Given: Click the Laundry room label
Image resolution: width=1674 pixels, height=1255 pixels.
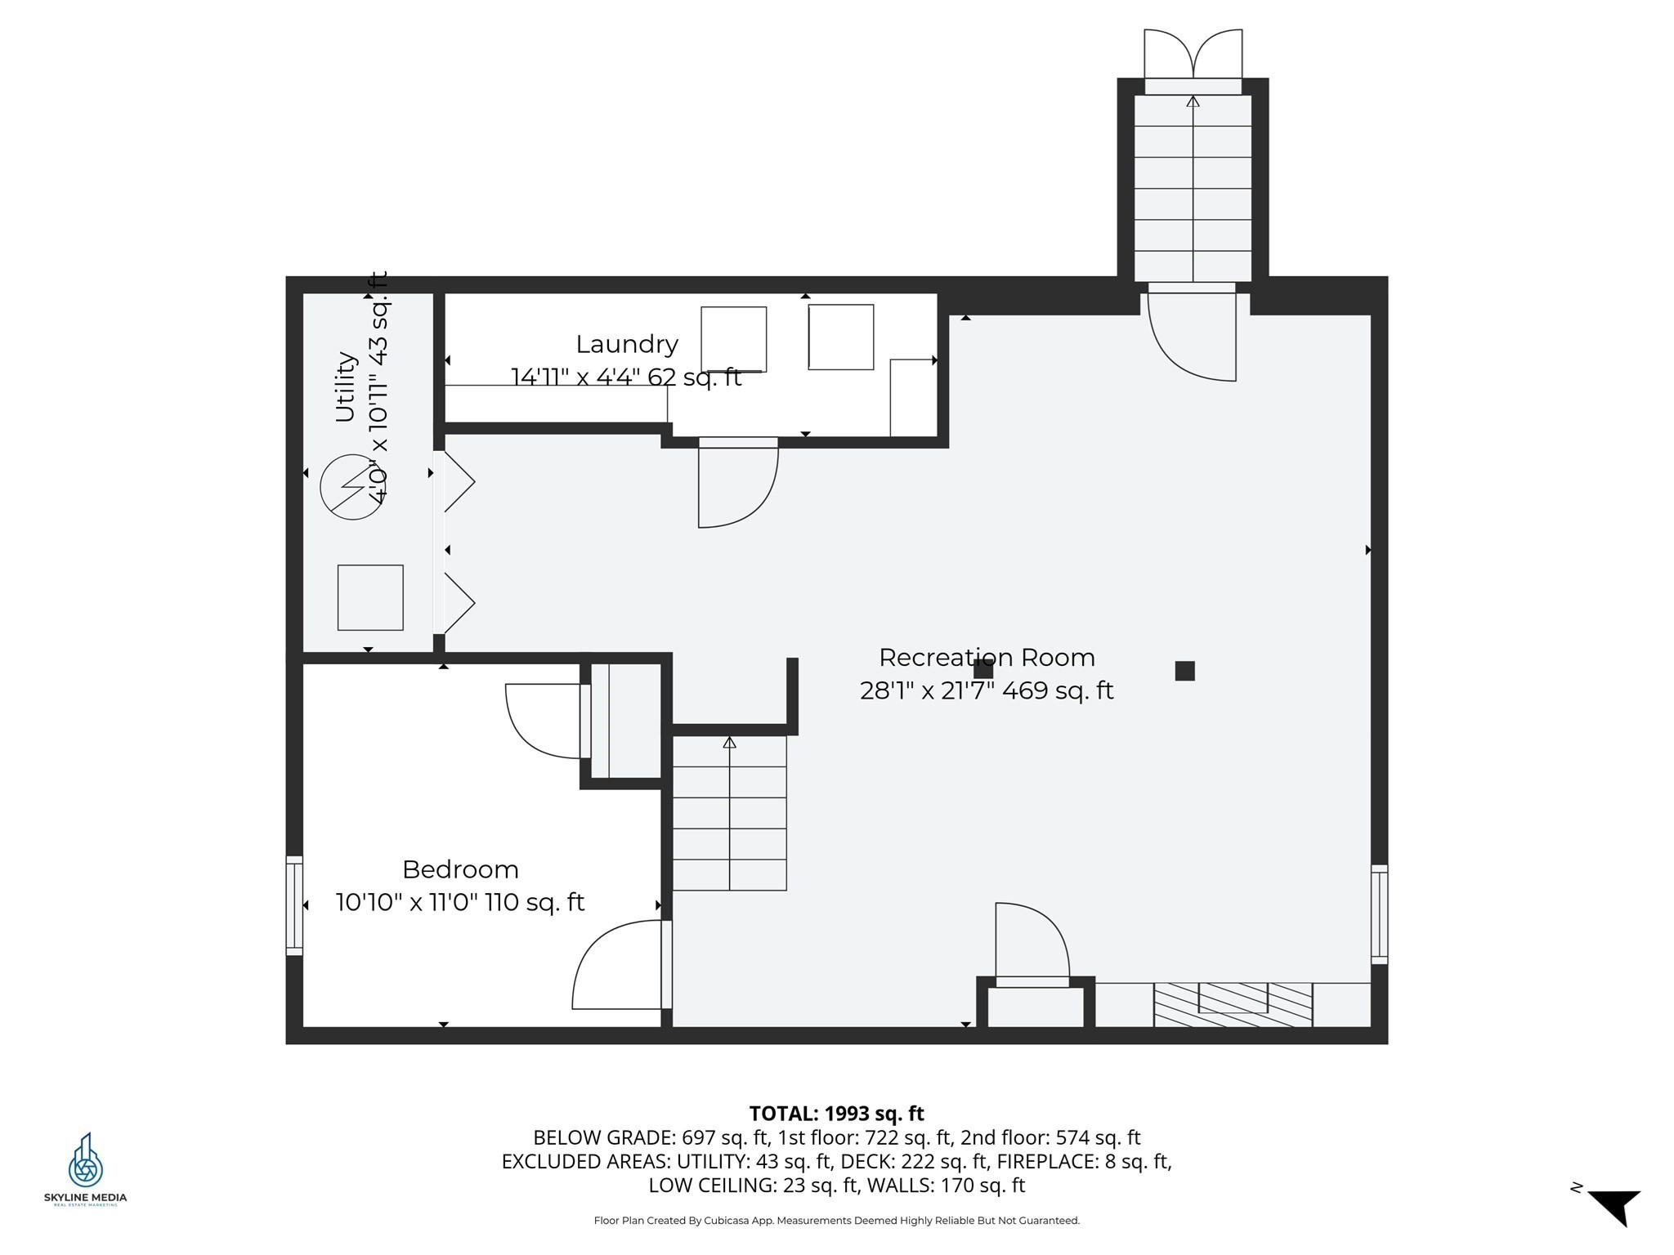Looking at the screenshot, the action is (x=627, y=345).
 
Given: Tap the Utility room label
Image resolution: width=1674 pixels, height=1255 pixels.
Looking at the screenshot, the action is (x=346, y=386).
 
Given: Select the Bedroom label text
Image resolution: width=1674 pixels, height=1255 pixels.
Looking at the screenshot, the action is (x=460, y=869).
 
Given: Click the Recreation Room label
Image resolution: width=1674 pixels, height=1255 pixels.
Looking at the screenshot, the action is (x=987, y=657).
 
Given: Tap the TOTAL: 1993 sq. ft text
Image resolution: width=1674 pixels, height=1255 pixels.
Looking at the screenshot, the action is (x=836, y=1114).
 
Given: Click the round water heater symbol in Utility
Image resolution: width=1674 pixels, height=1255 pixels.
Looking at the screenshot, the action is (x=352, y=487).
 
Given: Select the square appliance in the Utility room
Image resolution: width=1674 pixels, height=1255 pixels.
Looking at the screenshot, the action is (x=370, y=597).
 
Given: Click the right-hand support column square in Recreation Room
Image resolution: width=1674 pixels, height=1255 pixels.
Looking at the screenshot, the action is (x=1184, y=671).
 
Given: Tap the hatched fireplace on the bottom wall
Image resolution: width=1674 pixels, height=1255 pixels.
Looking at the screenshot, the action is (x=1233, y=1005).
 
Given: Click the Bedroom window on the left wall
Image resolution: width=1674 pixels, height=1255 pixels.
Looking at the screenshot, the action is (x=294, y=905).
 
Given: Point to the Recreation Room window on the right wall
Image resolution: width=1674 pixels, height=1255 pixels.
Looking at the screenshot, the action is (x=1379, y=914).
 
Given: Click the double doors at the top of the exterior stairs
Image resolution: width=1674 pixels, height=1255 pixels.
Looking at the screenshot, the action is (x=1193, y=55).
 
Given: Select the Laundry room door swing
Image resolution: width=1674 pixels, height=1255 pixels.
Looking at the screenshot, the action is (x=737, y=483).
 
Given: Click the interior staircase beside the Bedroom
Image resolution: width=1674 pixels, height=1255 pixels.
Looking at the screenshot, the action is (x=729, y=813).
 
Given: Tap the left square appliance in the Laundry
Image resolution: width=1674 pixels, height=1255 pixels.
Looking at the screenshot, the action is (x=733, y=340).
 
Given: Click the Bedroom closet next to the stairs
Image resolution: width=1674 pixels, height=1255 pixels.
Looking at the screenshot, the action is (x=626, y=721).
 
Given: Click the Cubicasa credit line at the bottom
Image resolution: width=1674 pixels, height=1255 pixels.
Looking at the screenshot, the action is (x=836, y=1221).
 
